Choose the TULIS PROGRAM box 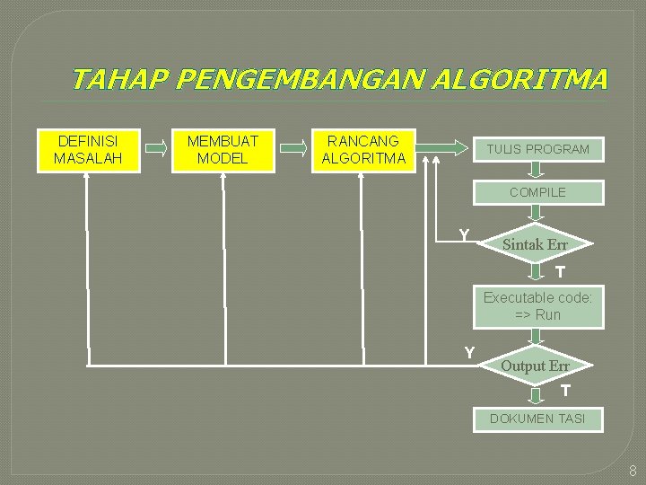[x=538, y=149]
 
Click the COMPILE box [x=538, y=192]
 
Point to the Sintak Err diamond [x=536, y=244]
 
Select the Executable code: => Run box [x=538, y=306]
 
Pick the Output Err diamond [x=536, y=366]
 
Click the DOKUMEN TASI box [x=537, y=419]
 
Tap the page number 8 [x=633, y=471]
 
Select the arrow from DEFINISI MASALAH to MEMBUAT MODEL [x=157, y=150]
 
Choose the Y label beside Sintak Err [x=464, y=235]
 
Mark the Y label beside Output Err [x=469, y=353]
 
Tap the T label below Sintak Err [x=560, y=272]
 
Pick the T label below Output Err [x=565, y=391]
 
